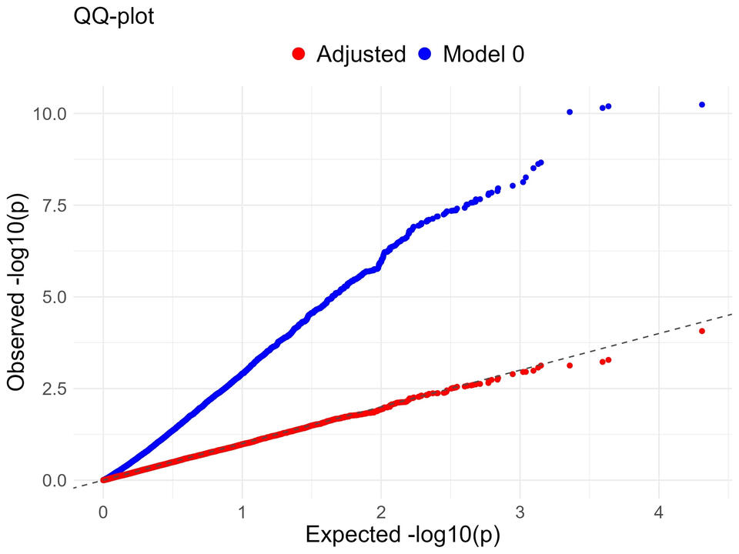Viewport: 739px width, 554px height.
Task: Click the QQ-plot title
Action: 114,17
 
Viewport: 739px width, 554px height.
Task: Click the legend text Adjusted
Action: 361,54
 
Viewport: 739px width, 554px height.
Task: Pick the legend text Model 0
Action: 483,54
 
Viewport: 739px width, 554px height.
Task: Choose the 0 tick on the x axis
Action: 103,512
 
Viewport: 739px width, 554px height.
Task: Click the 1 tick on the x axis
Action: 242,512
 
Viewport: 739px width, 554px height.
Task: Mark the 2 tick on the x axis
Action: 381,512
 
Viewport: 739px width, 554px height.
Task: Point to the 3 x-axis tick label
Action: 520,512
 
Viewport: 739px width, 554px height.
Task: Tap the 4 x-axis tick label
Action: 659,512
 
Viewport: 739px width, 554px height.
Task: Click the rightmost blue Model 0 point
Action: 702,105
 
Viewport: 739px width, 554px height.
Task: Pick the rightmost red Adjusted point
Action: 702,331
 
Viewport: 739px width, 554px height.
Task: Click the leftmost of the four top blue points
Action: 570,112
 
